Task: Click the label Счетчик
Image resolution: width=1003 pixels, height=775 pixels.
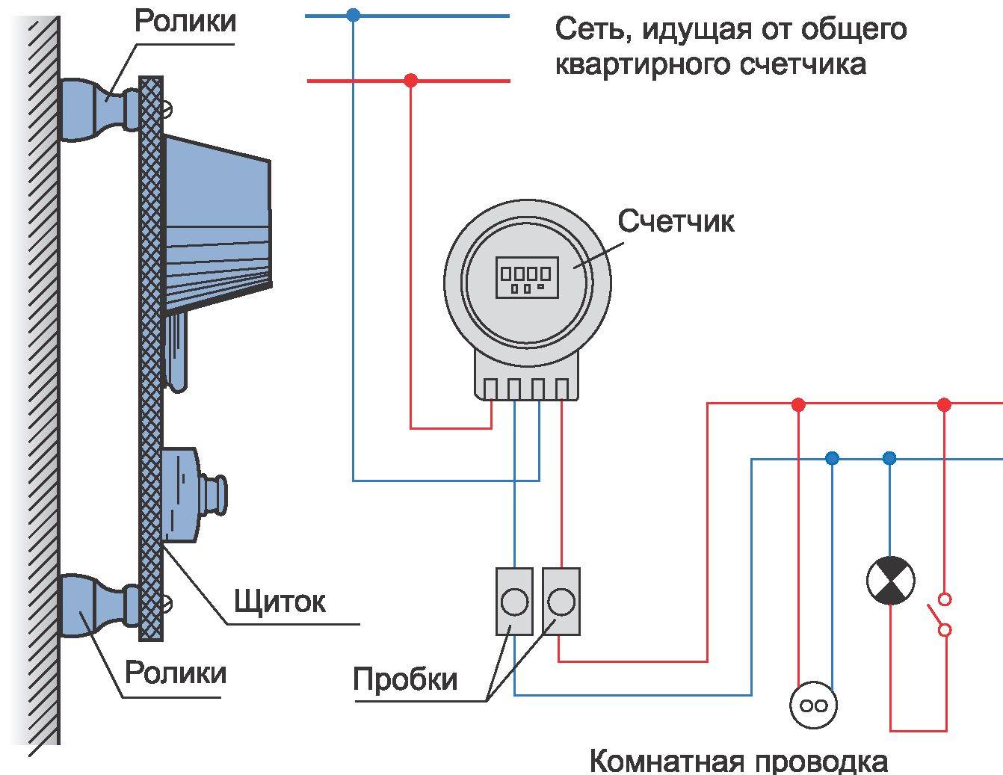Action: pos(676,221)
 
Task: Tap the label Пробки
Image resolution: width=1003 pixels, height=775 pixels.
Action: pos(404,679)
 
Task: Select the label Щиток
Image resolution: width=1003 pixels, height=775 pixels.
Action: pos(280,601)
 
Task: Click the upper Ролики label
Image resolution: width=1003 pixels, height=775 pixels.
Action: pos(185,21)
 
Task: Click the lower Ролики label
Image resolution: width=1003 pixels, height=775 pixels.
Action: pos(175,673)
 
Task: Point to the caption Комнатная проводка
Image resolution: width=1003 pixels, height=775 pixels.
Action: pos(738,762)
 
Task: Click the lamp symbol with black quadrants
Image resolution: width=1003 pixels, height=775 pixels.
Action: pos(889,581)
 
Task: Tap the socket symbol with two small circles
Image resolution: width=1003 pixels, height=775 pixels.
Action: pos(813,705)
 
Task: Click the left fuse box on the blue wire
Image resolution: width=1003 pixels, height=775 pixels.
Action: pos(514,602)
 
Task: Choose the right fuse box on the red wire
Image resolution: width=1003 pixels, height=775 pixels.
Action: pos(561,602)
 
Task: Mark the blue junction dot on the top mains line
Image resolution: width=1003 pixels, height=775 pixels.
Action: pos(354,14)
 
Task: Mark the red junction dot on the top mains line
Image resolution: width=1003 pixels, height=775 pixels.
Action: pos(410,80)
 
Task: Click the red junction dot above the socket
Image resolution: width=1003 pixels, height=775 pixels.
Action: pos(798,405)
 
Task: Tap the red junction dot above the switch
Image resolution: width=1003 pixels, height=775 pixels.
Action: pos(944,405)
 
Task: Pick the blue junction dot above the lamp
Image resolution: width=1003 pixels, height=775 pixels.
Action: pos(889,458)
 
